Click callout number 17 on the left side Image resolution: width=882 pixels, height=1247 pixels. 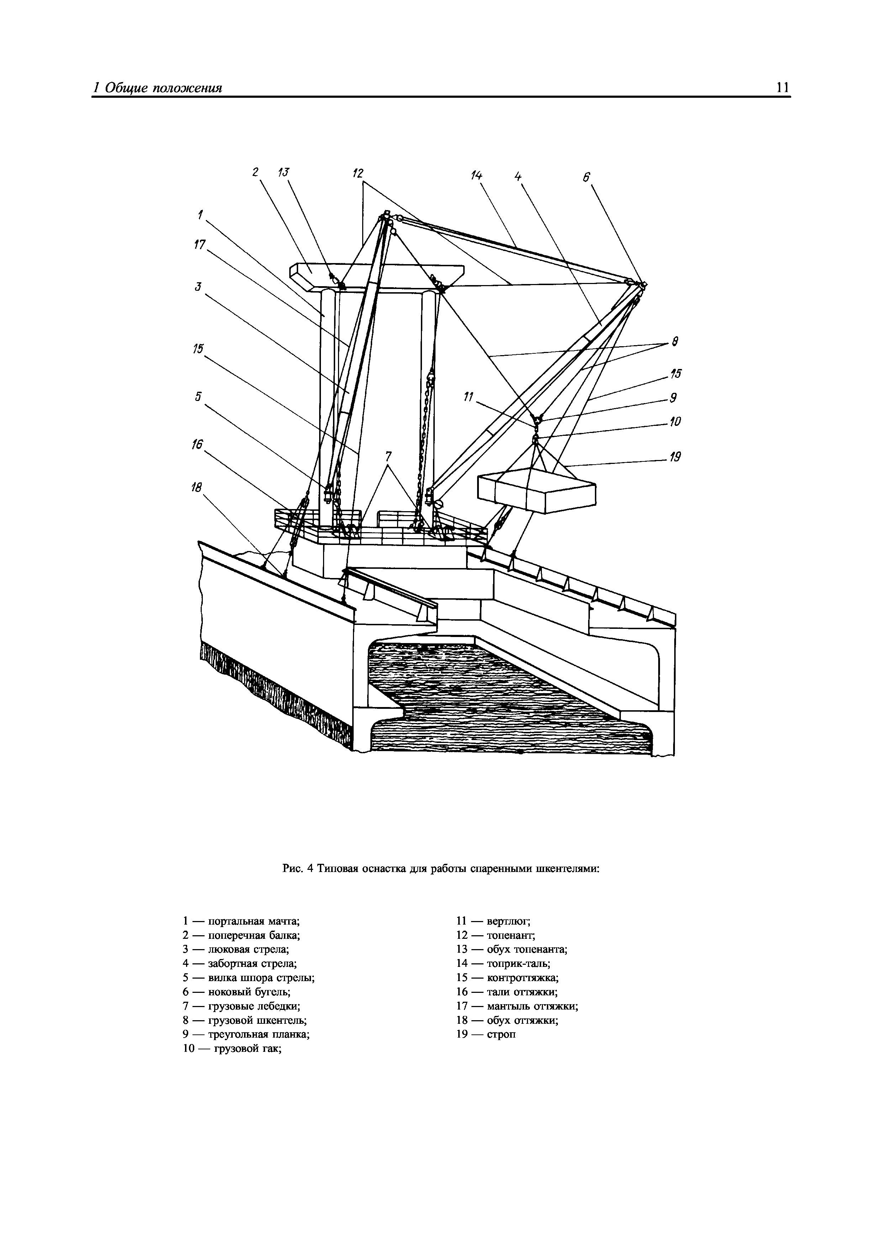(200, 245)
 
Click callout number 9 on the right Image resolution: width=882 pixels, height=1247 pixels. (673, 398)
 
